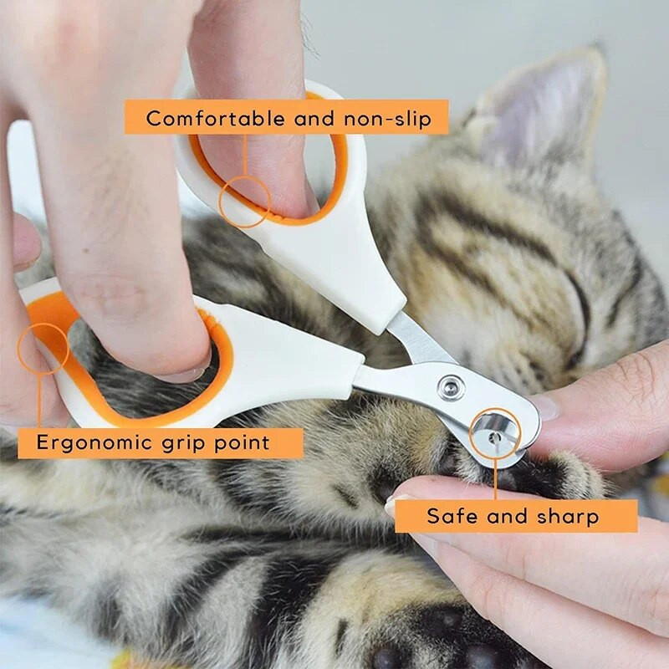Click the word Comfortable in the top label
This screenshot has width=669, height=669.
(x=216, y=118)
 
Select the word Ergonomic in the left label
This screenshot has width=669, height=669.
(x=94, y=443)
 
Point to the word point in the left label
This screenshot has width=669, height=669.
(x=242, y=443)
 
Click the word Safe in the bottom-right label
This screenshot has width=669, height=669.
(x=452, y=516)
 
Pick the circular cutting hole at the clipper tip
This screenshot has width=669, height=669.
(x=494, y=435)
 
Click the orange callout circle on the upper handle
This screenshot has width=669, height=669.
(x=244, y=202)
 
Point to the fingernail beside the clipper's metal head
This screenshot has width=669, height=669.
(x=545, y=407)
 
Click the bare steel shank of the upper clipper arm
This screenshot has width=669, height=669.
(x=420, y=340)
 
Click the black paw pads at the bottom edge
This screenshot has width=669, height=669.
(x=426, y=640)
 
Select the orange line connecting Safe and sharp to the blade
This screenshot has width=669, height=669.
(x=495, y=478)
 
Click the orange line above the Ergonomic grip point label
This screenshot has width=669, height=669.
(x=39, y=401)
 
